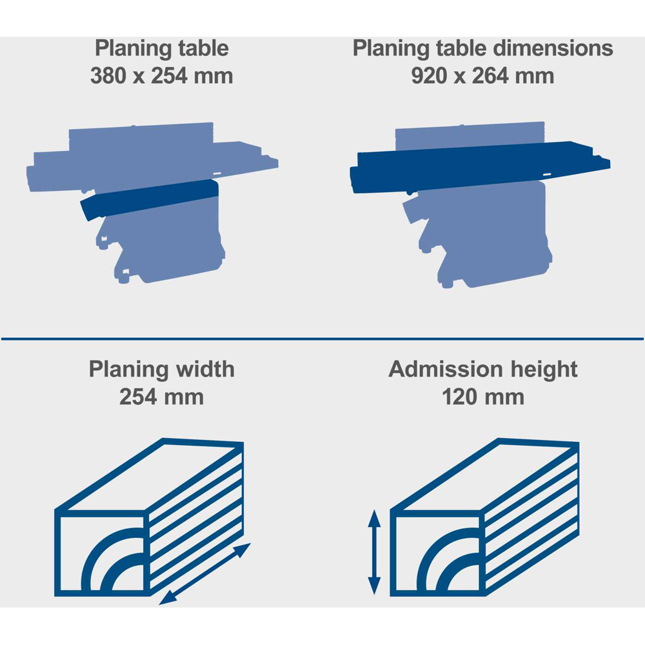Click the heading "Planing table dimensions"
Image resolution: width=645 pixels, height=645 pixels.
[x=482, y=48]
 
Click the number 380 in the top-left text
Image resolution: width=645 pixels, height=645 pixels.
[x=108, y=76]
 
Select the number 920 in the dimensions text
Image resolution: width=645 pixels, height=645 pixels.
[x=429, y=76]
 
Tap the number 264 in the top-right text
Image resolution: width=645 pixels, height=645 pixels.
[x=490, y=76]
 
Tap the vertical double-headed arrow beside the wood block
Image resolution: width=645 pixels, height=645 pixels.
[x=374, y=551]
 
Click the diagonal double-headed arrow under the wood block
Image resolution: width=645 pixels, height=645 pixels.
[x=205, y=574]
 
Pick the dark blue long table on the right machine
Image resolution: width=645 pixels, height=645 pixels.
[x=480, y=166]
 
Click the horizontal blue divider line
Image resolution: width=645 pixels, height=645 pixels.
[x=322, y=339]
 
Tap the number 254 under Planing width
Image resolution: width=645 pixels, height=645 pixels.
[x=137, y=397]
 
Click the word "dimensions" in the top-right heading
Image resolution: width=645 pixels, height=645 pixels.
[x=553, y=48]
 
